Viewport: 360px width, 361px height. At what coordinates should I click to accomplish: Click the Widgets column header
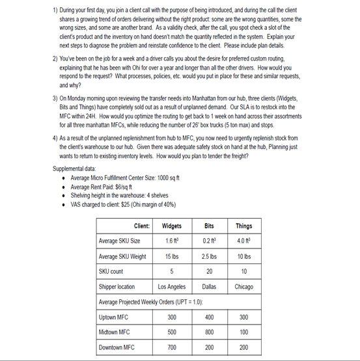point(172,226)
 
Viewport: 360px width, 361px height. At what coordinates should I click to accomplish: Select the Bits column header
point(209,226)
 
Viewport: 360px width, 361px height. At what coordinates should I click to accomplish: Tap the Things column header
point(244,226)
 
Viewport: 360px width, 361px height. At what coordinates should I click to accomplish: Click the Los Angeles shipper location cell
point(172,286)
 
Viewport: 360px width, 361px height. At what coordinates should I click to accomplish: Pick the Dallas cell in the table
point(209,286)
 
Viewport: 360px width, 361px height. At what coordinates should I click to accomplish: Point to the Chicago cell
point(244,286)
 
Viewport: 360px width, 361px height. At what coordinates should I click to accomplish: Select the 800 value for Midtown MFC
point(209,332)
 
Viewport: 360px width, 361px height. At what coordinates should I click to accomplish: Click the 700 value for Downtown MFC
point(172,347)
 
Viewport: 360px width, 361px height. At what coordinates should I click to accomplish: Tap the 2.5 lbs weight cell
point(209,256)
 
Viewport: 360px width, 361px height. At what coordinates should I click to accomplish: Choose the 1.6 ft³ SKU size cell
point(172,241)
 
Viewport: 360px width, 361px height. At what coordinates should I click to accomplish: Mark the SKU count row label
point(111,271)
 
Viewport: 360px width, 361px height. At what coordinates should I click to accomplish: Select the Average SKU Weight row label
point(122,256)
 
